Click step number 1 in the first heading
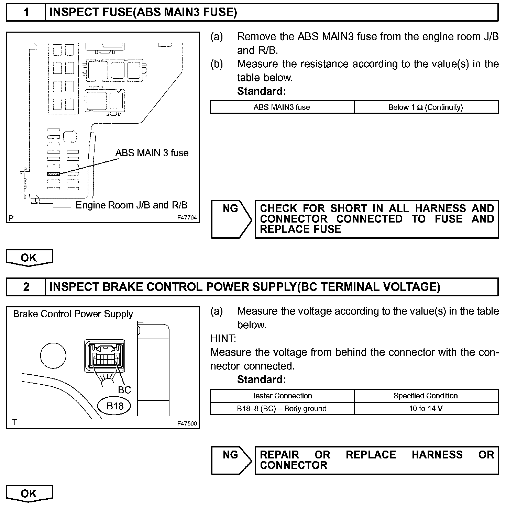[x=26, y=12]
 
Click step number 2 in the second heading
[x=26, y=287]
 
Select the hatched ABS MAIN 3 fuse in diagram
[x=54, y=174]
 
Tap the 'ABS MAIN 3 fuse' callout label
[x=152, y=153]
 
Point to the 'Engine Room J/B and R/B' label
[x=132, y=205]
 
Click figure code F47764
[x=187, y=218]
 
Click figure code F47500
[x=187, y=423]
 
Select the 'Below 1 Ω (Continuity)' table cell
[x=426, y=107]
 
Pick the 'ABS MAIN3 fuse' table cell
[x=282, y=107]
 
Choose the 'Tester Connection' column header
[x=282, y=396]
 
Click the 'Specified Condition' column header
[x=426, y=396]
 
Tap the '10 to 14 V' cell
[x=426, y=408]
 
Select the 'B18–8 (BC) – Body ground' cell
[x=282, y=408]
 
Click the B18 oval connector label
[x=115, y=406]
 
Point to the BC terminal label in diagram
[x=124, y=390]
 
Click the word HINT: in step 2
[x=223, y=339]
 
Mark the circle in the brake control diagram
[x=53, y=355]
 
